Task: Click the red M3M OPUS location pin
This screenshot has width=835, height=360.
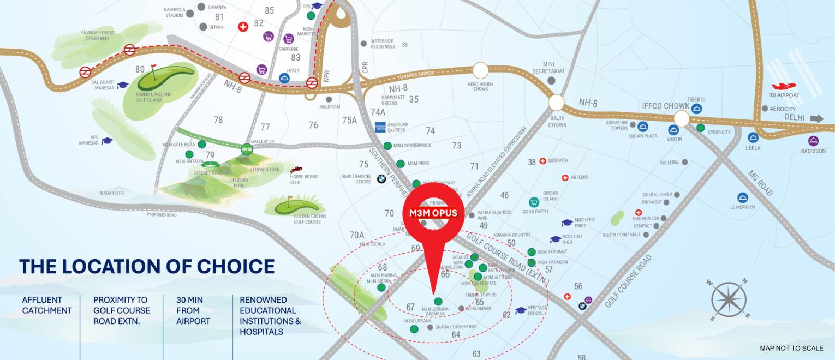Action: pos(433,213)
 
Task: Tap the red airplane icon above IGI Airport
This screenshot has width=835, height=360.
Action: pos(785,86)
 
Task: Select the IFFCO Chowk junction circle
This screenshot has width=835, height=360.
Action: pos(682,118)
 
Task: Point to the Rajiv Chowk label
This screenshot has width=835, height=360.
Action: pos(557,121)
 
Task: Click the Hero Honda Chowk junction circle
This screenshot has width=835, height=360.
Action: pos(480,70)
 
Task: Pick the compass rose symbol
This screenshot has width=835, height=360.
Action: pos(729,299)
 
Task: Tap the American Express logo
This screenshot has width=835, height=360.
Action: pos(380,128)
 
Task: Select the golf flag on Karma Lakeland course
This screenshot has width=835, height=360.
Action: pos(153,69)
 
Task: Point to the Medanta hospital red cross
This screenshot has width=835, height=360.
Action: pos(542,161)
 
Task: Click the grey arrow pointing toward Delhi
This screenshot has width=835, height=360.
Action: pos(817,118)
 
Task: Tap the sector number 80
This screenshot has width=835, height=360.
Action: pos(140,69)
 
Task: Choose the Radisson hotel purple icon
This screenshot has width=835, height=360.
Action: pos(813,141)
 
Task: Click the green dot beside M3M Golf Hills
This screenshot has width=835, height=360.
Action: pos(202,144)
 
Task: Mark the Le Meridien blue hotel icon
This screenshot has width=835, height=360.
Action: pos(742,197)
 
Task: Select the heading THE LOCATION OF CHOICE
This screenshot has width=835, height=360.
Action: pos(147,267)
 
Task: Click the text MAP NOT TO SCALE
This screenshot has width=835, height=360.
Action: pos(791,348)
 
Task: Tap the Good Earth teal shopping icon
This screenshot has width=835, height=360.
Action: pos(534,202)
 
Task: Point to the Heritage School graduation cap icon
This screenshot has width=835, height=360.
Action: pos(521,310)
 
